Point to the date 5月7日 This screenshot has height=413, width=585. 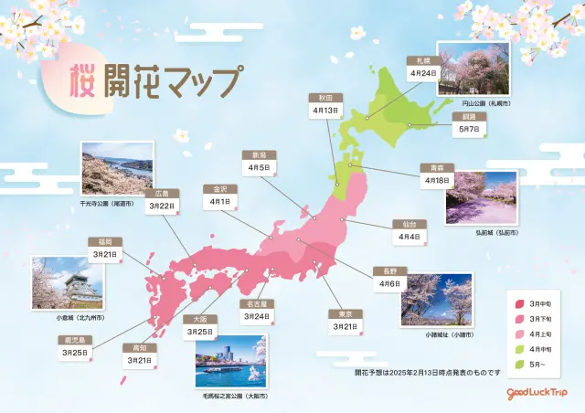(x=465, y=131)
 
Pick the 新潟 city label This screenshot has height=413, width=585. (x=258, y=155)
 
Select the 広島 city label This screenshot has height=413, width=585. (x=162, y=194)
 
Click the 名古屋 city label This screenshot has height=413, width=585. (x=257, y=303)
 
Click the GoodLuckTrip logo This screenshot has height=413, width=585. (x=539, y=394)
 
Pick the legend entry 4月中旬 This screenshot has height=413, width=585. (x=529, y=348)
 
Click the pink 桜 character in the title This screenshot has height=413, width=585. (x=86, y=85)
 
